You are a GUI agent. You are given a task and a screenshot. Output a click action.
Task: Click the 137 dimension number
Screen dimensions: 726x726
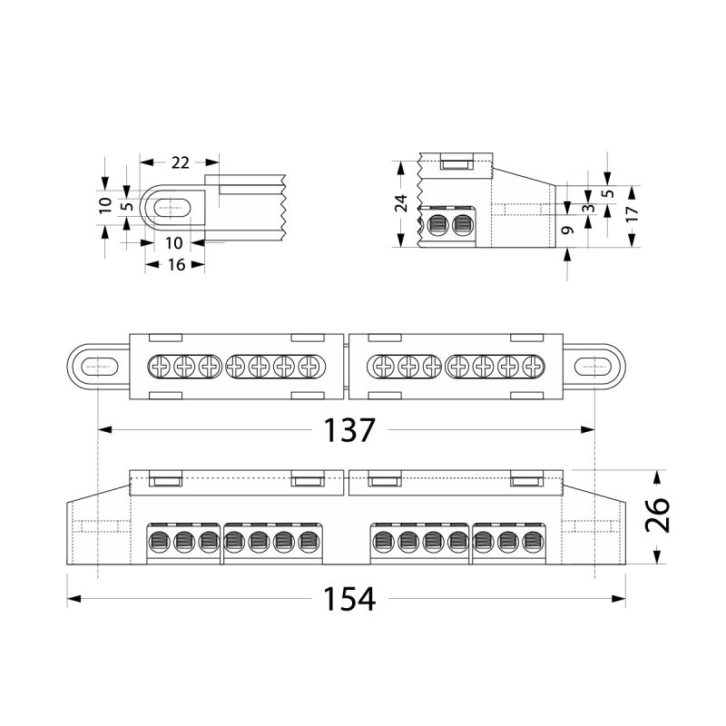(348, 430)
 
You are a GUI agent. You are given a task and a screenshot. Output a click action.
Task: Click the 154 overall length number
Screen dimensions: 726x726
(349, 599)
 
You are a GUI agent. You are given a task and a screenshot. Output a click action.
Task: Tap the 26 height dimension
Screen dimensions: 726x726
(657, 515)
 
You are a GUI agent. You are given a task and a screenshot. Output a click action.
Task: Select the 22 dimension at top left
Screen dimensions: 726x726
(180, 162)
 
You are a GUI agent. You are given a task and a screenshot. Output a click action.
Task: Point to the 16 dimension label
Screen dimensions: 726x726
(176, 265)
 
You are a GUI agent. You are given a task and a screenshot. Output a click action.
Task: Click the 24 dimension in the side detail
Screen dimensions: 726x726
(401, 203)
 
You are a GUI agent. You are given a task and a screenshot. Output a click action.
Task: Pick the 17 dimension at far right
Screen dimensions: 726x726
(632, 213)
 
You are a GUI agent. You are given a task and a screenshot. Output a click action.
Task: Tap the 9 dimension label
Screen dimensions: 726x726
(568, 230)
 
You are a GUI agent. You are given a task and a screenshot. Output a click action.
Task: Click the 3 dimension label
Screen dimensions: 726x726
(589, 208)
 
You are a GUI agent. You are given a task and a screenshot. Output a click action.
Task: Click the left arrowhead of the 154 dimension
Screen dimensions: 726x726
(74, 599)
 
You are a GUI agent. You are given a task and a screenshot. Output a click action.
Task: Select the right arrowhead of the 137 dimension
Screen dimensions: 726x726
(587, 429)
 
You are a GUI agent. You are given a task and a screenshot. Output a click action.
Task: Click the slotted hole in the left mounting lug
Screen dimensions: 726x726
(100, 367)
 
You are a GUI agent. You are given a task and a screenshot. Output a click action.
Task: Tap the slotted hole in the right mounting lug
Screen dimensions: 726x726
(593, 367)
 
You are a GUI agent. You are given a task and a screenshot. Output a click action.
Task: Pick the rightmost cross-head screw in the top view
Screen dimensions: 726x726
(534, 367)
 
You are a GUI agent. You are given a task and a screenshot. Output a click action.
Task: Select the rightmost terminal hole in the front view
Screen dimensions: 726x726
(533, 541)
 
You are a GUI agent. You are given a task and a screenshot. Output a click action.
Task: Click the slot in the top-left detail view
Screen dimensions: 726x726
(172, 208)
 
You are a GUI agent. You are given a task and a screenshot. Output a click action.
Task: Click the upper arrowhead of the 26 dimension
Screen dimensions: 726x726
(657, 478)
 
